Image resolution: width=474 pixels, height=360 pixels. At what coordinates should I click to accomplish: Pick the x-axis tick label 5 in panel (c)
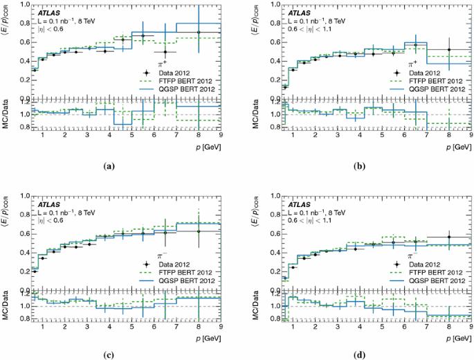[x=131, y=327]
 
